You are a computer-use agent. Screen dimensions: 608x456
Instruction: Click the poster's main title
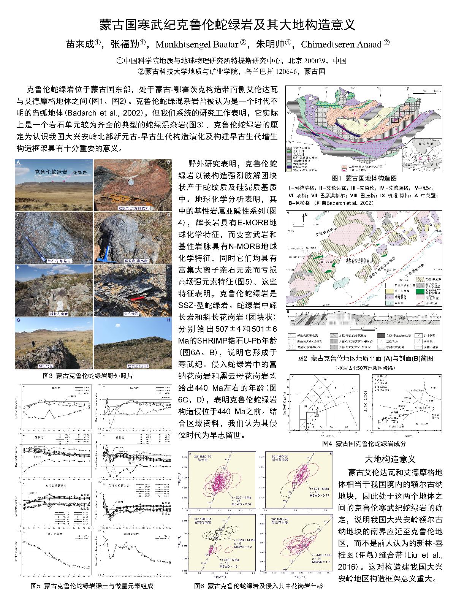(x=227, y=25)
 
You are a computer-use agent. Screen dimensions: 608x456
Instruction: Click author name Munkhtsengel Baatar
(x=197, y=44)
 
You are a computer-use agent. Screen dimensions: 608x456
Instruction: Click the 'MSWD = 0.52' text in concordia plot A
(x=233, y=504)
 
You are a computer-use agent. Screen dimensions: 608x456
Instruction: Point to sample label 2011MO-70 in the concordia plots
(x=281, y=519)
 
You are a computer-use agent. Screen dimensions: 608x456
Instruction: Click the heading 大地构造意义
(x=390, y=459)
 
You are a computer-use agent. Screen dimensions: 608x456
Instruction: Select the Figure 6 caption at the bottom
(x=258, y=586)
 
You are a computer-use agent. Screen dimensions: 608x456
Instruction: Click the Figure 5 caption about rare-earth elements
(x=92, y=586)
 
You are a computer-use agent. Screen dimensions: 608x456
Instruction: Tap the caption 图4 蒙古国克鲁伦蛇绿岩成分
(x=364, y=443)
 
